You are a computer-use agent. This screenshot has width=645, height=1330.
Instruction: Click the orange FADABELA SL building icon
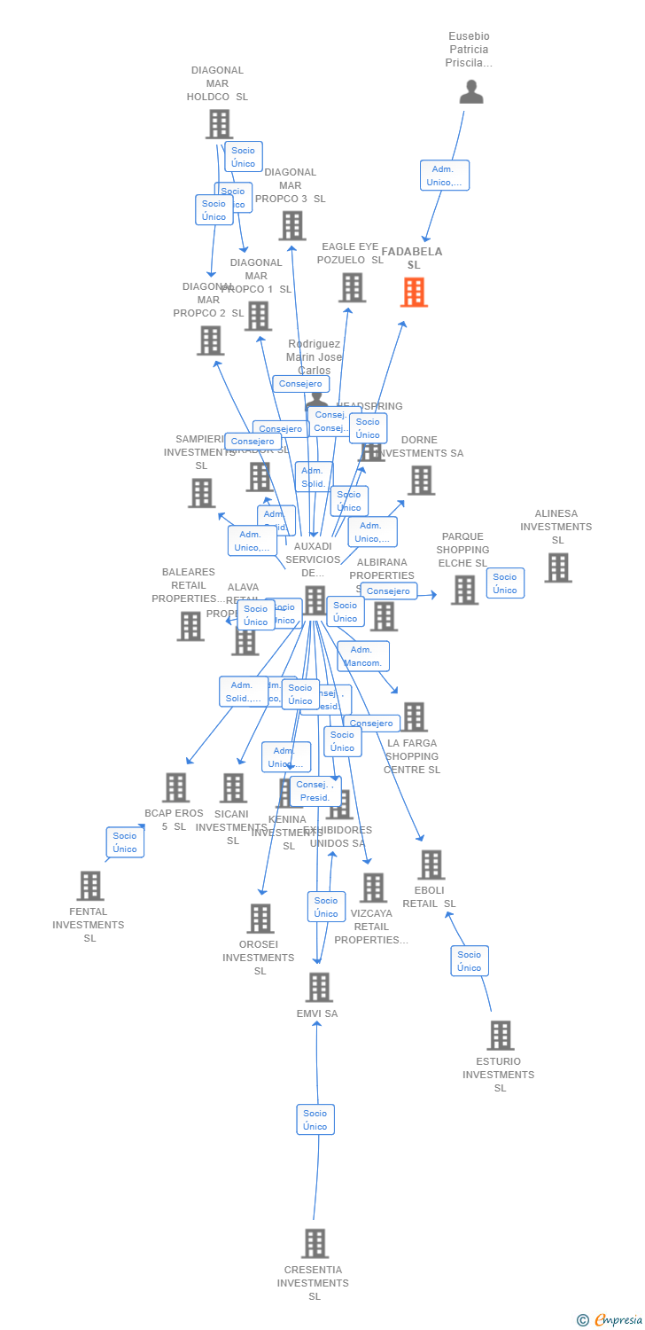click(x=414, y=293)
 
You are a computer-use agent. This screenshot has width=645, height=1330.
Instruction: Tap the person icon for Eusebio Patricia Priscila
click(x=471, y=92)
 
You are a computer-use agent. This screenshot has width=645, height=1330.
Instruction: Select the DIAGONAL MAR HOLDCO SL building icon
click(x=219, y=124)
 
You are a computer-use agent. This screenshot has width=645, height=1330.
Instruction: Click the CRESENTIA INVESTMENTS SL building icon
click(x=315, y=1243)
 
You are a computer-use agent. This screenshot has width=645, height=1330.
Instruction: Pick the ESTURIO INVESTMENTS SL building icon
click(x=501, y=1035)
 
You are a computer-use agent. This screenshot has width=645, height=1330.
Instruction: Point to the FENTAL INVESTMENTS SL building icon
click(x=89, y=885)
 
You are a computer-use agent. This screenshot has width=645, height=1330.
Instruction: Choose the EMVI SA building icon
click(x=318, y=987)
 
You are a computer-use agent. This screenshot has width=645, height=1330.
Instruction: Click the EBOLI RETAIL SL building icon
click(x=431, y=864)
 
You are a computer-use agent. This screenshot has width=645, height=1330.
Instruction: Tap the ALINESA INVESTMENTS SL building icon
click(x=557, y=567)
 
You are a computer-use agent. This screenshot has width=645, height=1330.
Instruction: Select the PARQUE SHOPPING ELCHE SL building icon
click(x=464, y=590)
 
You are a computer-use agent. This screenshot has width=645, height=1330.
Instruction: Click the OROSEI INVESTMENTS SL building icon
click(x=260, y=919)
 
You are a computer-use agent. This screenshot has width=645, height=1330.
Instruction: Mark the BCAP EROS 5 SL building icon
click(x=175, y=787)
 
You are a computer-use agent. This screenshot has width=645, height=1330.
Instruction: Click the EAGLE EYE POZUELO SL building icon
click(x=352, y=287)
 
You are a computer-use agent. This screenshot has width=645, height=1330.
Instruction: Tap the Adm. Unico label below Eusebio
click(x=444, y=176)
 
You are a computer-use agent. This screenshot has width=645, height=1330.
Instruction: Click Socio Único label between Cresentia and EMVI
click(x=315, y=1119)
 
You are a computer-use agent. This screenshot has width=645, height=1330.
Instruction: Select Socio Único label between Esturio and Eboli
click(x=470, y=961)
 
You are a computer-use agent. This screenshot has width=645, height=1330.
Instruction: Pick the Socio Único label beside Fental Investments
click(x=125, y=842)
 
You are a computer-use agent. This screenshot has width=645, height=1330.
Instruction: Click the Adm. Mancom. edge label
click(x=363, y=656)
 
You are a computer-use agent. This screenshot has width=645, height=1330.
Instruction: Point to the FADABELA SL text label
click(x=412, y=258)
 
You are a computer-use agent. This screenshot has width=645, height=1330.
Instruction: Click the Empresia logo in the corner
click(x=611, y=1320)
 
